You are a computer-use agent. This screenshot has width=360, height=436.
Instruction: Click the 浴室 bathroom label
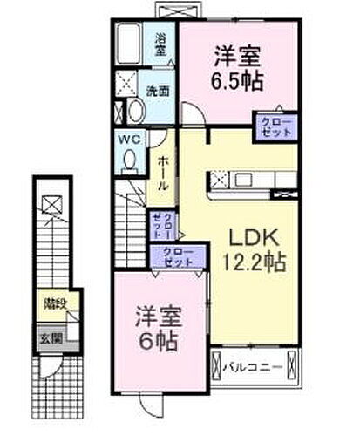click(x=161, y=44)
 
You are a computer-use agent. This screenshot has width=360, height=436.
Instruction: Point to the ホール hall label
click(x=163, y=174)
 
